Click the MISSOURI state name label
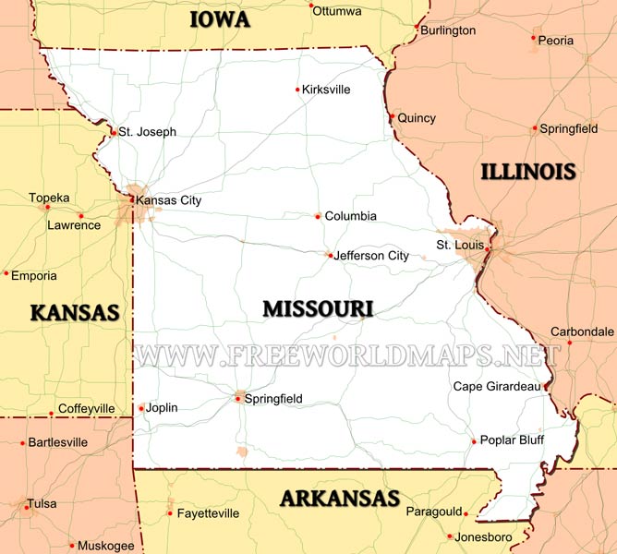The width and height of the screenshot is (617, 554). coord(317,308)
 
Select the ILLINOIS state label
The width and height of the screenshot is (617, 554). coord(528,170)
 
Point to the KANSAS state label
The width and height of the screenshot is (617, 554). coord(76,312)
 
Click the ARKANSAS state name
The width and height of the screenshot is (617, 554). coord(340,500)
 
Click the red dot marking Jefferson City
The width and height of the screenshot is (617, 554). coord(330,256)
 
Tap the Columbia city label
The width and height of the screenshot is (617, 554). coord(350,216)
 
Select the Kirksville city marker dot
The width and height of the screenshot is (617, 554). coord(297,90)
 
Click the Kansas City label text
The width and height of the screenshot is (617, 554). coord(168,200)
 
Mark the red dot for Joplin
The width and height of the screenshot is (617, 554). coord(141,408)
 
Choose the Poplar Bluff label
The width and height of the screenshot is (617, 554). coord(512,440)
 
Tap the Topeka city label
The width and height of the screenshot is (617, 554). coord(49,198)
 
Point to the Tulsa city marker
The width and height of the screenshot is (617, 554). coord(24,504)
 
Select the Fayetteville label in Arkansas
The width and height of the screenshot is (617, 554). coord(208,513)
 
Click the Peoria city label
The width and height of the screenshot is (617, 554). coord(556,41)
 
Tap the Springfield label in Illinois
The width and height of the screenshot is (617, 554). coord(568,129)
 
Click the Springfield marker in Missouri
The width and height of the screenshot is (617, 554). coord(239,399)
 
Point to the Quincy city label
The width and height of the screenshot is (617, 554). coord(417,118)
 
